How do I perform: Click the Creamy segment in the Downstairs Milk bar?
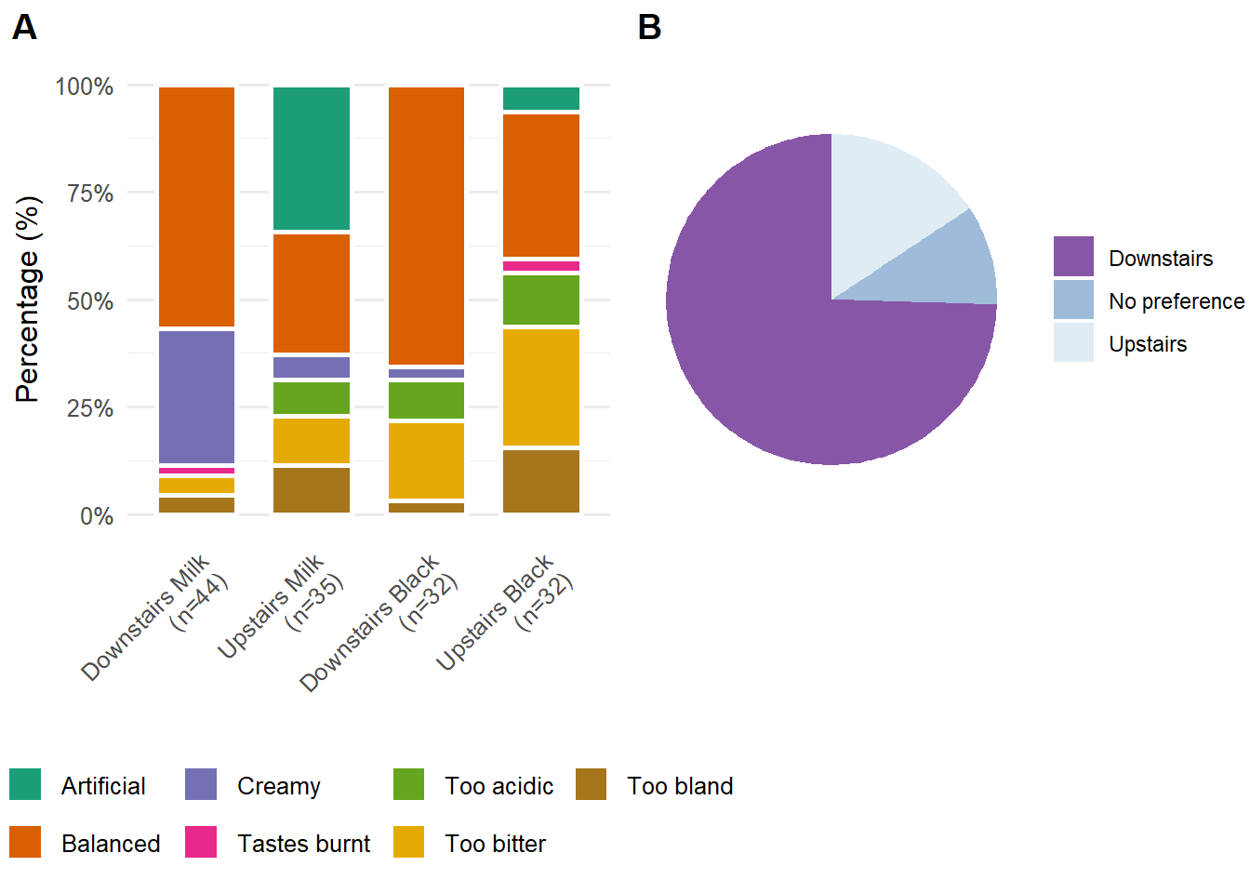196,396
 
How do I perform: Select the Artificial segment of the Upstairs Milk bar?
312,158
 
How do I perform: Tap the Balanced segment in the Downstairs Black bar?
426,225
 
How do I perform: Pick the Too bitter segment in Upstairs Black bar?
541,387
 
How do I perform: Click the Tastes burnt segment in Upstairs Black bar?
541,266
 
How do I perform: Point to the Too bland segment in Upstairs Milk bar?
312,489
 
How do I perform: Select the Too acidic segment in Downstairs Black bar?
426,400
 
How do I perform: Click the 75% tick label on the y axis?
90,193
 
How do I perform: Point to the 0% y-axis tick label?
97,516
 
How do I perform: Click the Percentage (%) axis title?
28,300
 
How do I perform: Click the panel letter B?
649,28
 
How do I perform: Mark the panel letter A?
24,28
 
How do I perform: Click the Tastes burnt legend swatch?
201,842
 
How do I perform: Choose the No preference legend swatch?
1073,300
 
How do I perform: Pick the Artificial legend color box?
25,784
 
